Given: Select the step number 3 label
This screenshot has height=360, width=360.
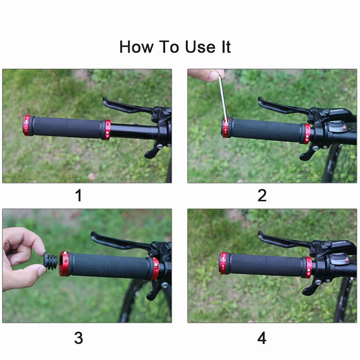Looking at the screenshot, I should point(79,338).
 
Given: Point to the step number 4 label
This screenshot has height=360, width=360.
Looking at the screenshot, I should point(262,338).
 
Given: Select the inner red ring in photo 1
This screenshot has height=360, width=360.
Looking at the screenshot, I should point(106,130).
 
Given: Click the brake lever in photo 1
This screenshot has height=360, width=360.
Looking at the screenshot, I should point(126,105).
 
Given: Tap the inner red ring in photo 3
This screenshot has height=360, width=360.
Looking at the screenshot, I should point(154,269).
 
